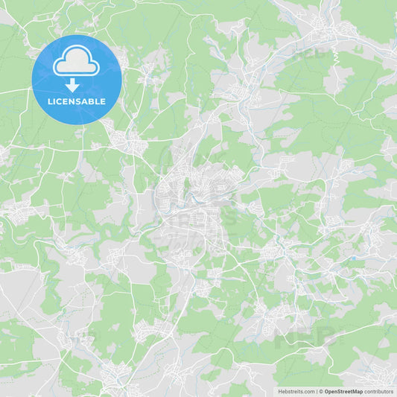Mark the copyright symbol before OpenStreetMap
click(x=322, y=391)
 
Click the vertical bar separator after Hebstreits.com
click(x=317, y=391)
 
